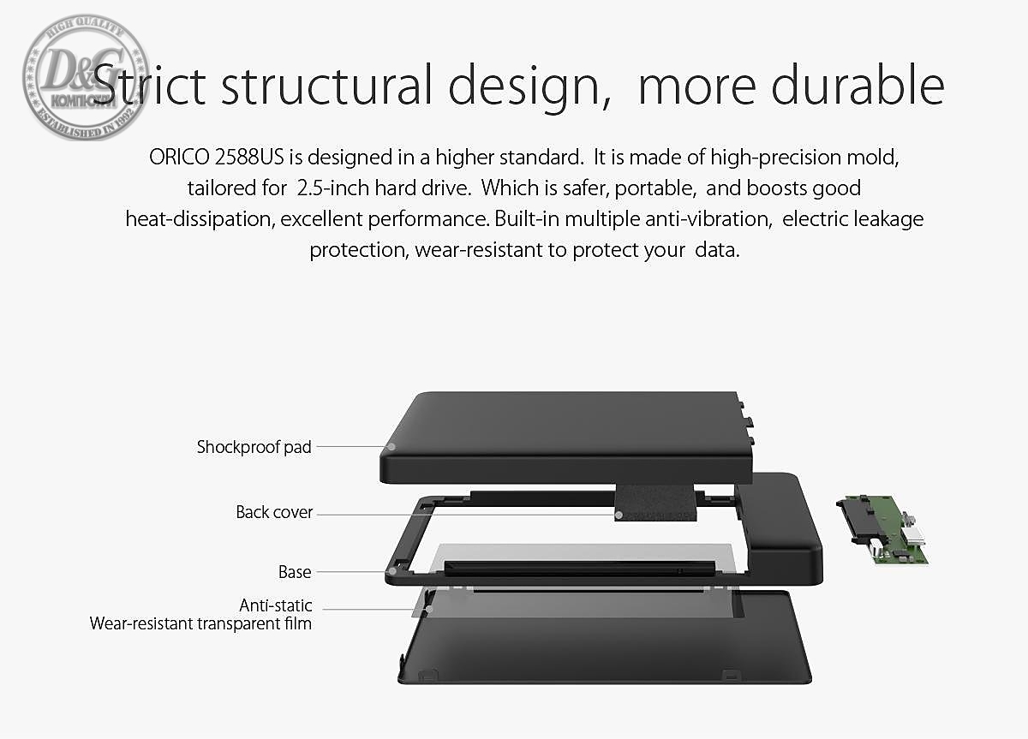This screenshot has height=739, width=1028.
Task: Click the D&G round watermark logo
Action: (86, 77)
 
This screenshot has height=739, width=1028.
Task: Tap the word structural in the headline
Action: (326, 85)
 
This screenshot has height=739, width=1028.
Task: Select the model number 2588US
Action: (249, 157)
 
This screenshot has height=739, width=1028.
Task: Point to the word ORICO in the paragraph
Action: (179, 157)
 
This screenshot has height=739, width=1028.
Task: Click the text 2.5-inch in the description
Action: (333, 188)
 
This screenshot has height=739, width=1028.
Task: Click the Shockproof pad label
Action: (254, 447)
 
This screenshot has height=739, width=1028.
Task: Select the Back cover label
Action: (274, 512)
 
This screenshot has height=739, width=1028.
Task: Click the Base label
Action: (295, 572)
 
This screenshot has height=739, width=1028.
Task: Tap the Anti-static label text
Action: (275, 605)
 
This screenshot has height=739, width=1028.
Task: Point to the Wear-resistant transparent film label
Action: (200, 624)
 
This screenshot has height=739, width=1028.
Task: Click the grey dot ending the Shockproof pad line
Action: (391, 447)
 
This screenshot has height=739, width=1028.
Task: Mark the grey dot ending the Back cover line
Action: (619, 516)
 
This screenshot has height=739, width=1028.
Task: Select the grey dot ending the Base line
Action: (392, 571)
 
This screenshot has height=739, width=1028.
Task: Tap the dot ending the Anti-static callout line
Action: (429, 610)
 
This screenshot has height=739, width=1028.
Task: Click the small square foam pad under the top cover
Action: (655, 503)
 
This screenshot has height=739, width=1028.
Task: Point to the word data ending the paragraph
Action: (717, 250)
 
